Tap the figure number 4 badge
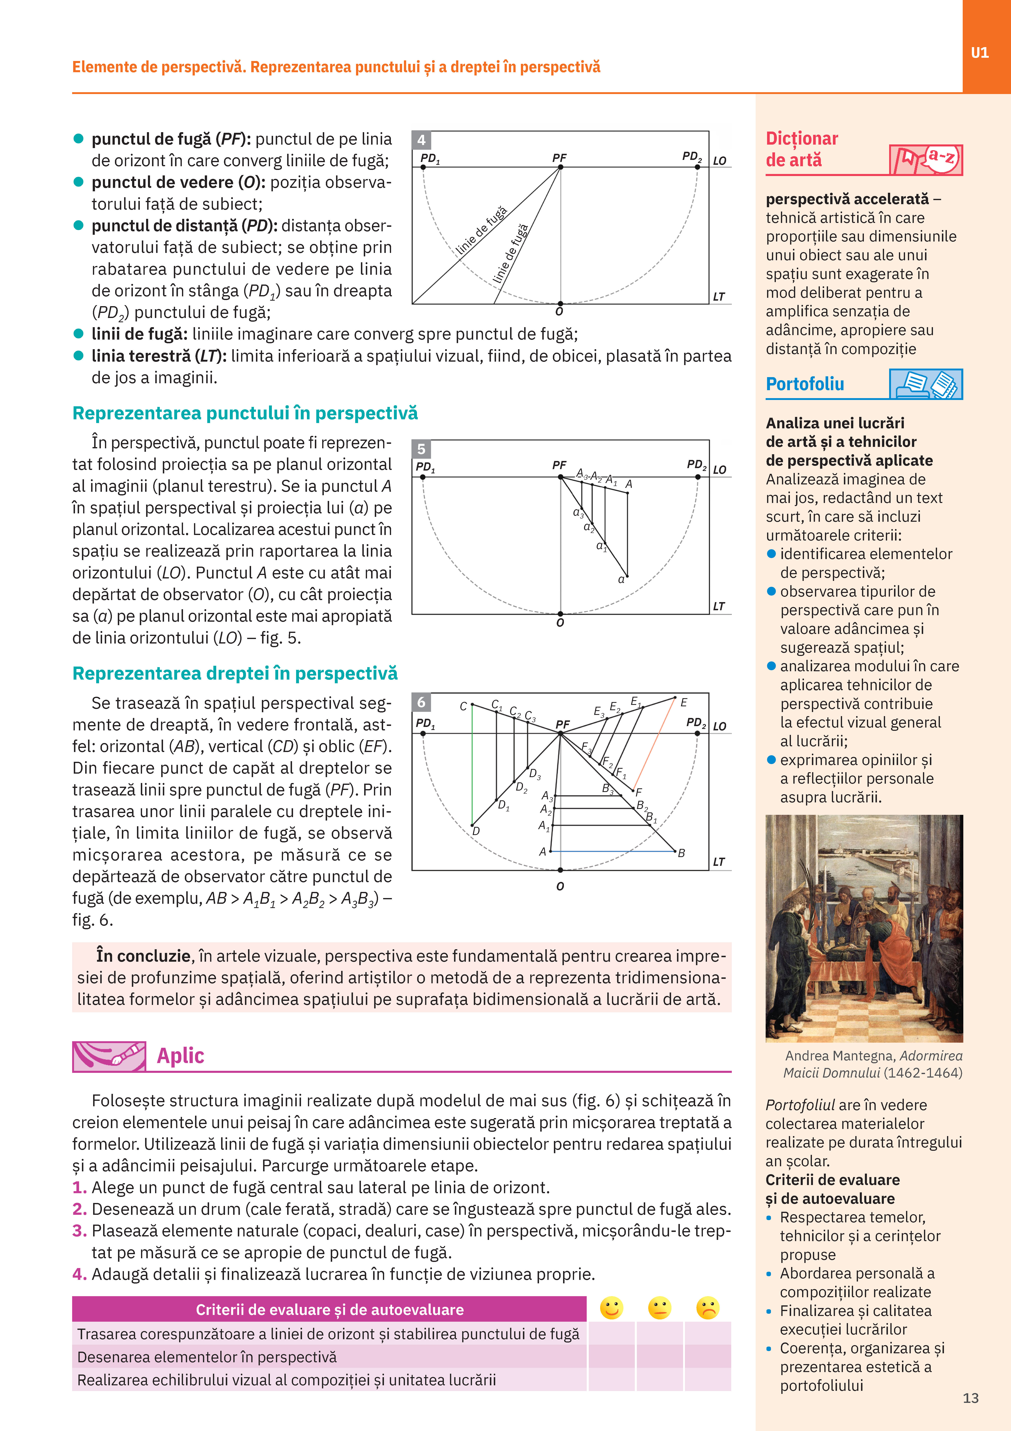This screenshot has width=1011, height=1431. pos(421,140)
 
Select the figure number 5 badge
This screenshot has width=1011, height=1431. pos(421,449)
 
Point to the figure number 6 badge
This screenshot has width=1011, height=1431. pos(421,702)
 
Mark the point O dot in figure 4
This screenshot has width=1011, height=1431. pos(560,303)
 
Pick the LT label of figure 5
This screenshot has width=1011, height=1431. pos(719,606)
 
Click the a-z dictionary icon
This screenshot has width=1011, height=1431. pos(926,159)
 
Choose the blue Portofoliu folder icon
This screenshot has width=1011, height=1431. pos(926,384)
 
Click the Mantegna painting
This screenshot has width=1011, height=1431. pos(864,929)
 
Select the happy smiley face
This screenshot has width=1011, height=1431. pos(611,1308)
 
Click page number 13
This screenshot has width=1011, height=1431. pos(970,1398)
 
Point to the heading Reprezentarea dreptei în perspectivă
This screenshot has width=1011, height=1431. pos(235,674)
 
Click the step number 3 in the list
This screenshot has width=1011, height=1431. pos(79,1231)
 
